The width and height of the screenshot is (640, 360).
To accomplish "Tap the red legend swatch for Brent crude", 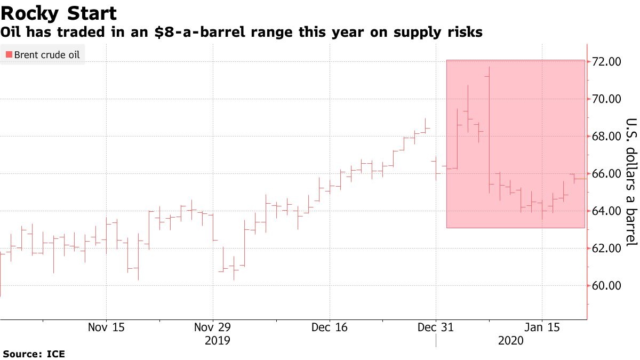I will [x=9, y=54].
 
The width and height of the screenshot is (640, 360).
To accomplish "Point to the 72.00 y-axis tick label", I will [x=606, y=62].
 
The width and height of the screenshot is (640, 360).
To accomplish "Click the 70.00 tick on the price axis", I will [x=606, y=99].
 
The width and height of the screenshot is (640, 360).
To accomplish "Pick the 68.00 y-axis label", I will [x=606, y=137].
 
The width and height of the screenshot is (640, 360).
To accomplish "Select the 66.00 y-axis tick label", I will [x=606, y=174].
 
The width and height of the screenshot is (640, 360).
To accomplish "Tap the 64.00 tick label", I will [x=606, y=211].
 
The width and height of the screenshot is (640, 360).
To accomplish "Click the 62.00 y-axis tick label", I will [x=606, y=249].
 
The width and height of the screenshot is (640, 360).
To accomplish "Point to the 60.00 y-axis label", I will [x=606, y=286].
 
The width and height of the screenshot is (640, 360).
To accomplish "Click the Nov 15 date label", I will [x=107, y=327].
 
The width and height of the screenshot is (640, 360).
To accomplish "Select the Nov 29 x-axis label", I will [x=213, y=327].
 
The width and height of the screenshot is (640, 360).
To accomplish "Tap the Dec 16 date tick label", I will [x=330, y=327].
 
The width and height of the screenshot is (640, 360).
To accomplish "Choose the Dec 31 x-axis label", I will [x=436, y=327].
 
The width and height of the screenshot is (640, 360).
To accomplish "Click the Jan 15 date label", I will [x=542, y=327].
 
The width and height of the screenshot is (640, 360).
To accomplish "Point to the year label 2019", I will [x=218, y=340].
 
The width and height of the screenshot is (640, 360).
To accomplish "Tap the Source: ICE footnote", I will [x=34, y=354].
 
